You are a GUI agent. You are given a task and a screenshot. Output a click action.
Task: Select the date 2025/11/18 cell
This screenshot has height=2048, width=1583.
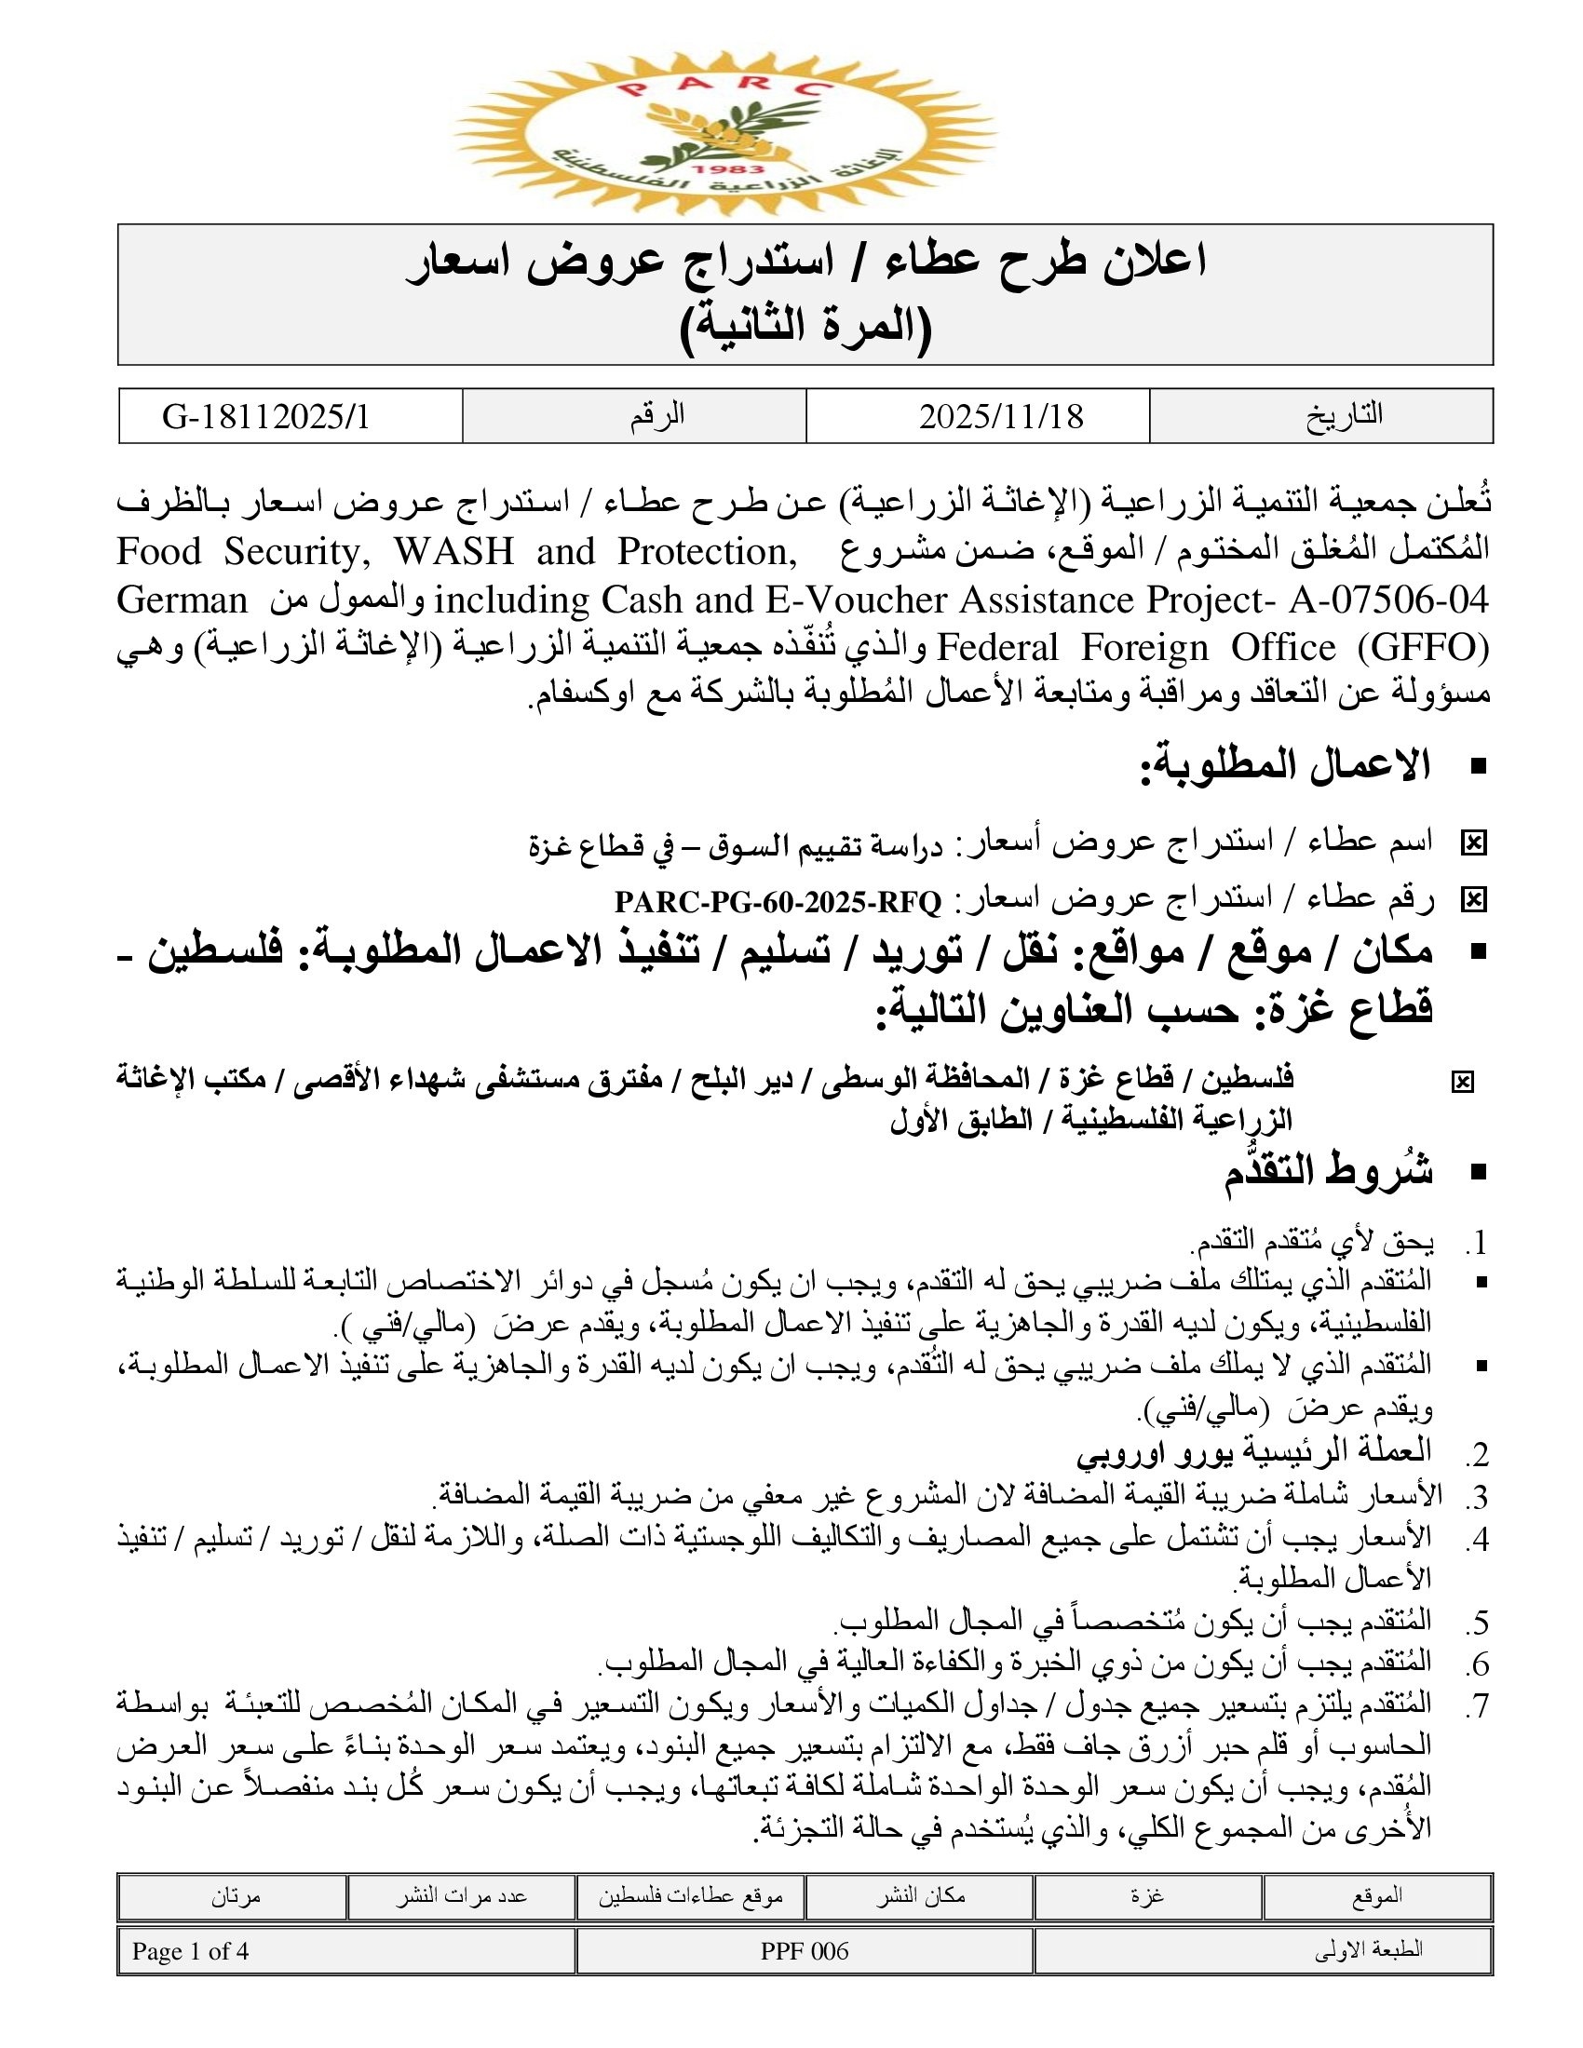(1001, 416)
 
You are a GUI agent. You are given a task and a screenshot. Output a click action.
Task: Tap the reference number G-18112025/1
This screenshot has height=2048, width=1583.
(266, 416)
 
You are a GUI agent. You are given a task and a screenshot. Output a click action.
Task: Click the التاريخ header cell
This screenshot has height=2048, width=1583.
(1345, 415)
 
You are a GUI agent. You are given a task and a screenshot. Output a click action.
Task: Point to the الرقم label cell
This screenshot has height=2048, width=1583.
(656, 415)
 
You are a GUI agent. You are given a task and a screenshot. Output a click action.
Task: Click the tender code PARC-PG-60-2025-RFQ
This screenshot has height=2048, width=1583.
(778, 902)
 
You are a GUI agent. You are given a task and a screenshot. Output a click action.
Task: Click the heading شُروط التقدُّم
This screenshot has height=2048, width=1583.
(1328, 1171)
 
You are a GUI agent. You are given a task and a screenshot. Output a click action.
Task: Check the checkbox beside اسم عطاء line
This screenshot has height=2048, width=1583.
(1473, 844)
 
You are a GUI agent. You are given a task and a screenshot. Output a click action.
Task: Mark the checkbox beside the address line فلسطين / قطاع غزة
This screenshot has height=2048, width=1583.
(1462, 1083)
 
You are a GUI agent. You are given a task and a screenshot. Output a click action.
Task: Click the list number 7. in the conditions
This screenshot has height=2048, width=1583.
(1477, 1705)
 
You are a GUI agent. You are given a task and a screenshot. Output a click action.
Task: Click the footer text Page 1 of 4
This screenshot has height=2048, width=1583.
(190, 1951)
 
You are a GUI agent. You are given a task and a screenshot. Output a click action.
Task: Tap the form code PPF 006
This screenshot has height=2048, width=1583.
(805, 1951)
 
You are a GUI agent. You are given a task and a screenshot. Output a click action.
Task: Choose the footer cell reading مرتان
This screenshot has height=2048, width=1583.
(235, 1896)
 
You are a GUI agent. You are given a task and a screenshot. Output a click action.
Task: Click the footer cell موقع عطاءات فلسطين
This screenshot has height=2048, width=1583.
(690, 1896)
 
